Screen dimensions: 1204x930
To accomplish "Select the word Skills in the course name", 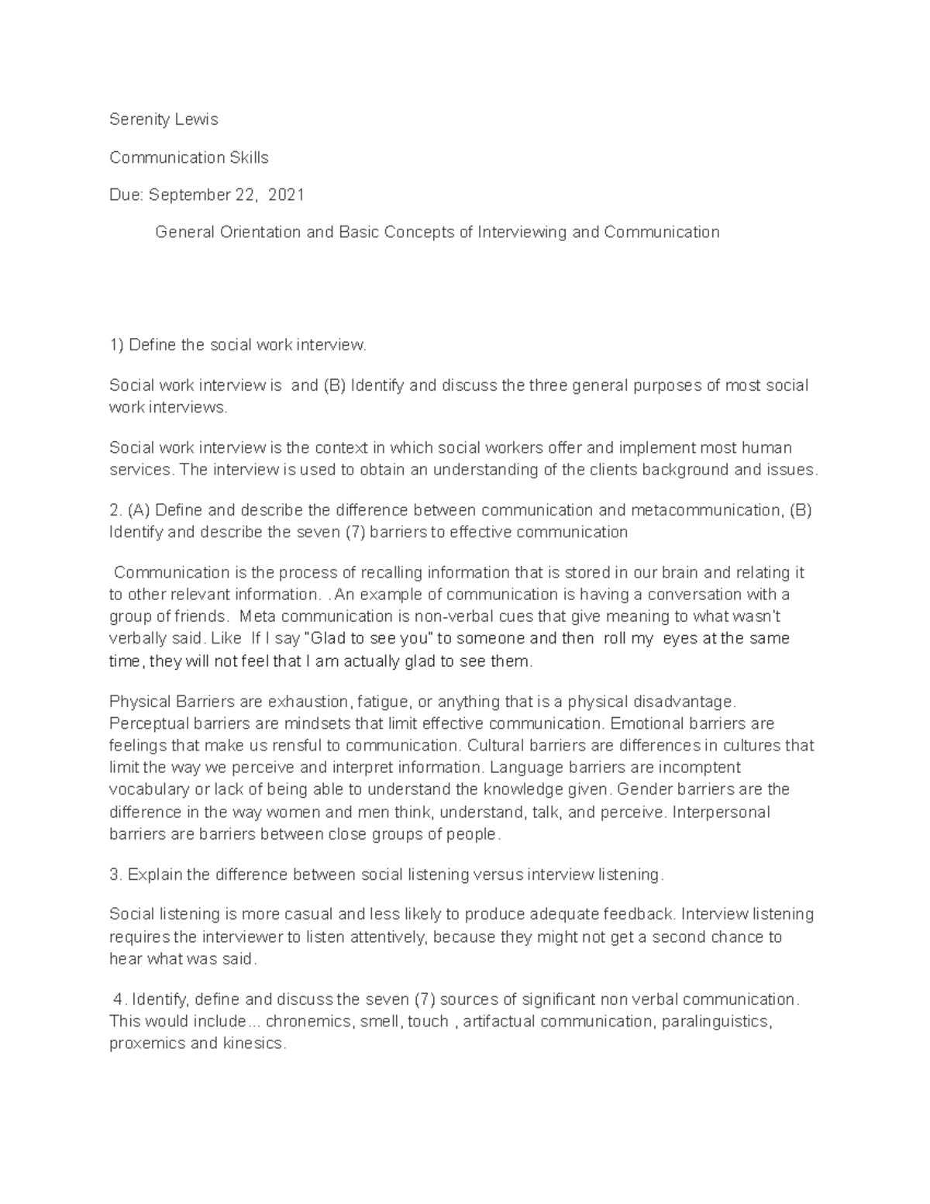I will (x=246, y=157).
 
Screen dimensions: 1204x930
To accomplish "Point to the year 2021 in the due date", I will (x=286, y=195).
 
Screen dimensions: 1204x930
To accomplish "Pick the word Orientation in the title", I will (x=252, y=232).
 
